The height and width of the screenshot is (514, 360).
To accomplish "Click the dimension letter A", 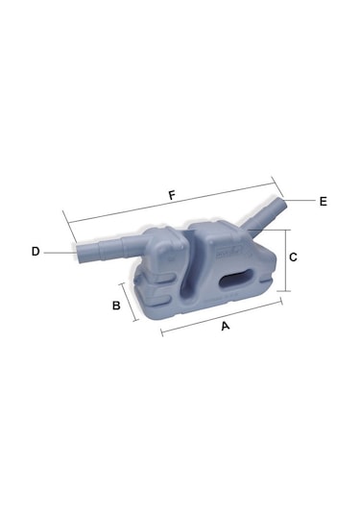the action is coord(226,326).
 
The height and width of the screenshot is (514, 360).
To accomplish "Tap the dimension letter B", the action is coord(116,306).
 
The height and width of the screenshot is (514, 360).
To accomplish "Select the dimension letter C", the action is coord(293,257).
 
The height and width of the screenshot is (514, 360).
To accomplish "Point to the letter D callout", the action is coord(36,252).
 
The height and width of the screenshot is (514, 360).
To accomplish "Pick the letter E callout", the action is coord(324,201).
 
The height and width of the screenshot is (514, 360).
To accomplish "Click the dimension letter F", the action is coord(172,196).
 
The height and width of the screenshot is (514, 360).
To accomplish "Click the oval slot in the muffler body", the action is coord(236,279).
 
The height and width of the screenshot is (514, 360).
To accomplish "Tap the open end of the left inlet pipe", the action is coord(80,253).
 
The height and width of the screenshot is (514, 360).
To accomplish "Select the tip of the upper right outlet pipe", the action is coord(282,204).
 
